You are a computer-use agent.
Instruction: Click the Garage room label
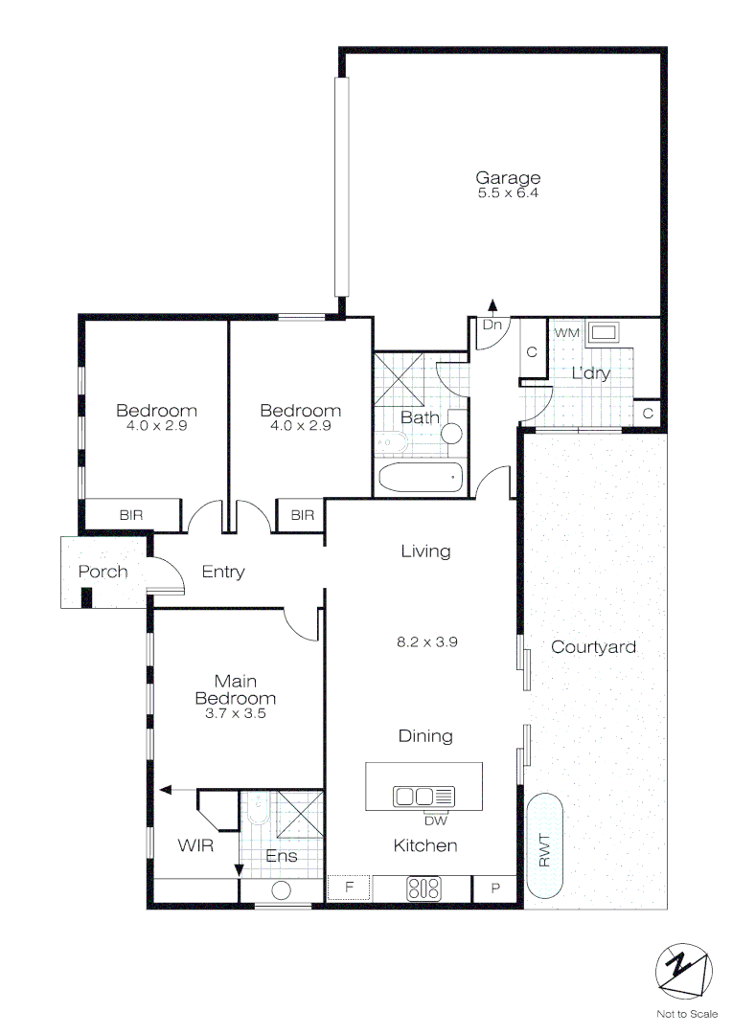pyautogui.click(x=508, y=177)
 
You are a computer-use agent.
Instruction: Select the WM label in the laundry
pyautogui.click(x=567, y=331)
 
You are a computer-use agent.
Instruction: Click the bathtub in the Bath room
pyautogui.click(x=421, y=476)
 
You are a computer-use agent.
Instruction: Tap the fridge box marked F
pyautogui.click(x=349, y=888)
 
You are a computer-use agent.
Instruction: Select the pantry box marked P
pyautogui.click(x=496, y=888)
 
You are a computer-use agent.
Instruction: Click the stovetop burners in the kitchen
pyautogui.click(x=423, y=888)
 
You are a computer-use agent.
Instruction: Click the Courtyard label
pyautogui.click(x=593, y=647)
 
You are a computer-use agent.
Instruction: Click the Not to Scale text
pyautogui.click(x=686, y=1014)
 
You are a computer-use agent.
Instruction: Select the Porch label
pyautogui.click(x=103, y=572)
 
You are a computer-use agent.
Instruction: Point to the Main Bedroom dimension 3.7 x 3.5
pyautogui.click(x=235, y=714)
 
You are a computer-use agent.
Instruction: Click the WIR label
pyautogui.click(x=194, y=846)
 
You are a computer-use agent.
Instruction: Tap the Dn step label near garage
pyautogui.click(x=492, y=326)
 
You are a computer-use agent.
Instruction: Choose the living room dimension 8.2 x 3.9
pyautogui.click(x=427, y=642)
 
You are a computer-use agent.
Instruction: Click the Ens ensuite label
pyautogui.click(x=281, y=856)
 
